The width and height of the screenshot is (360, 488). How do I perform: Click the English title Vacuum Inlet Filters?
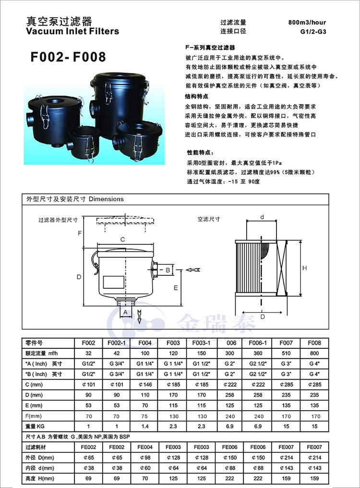72,32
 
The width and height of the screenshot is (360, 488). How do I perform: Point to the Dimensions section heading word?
106,199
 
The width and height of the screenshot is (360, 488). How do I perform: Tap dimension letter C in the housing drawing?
122,239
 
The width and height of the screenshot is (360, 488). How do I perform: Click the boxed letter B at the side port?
168,270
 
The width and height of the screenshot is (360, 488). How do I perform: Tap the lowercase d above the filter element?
262,217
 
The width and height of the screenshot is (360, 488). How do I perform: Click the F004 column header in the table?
145,344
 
